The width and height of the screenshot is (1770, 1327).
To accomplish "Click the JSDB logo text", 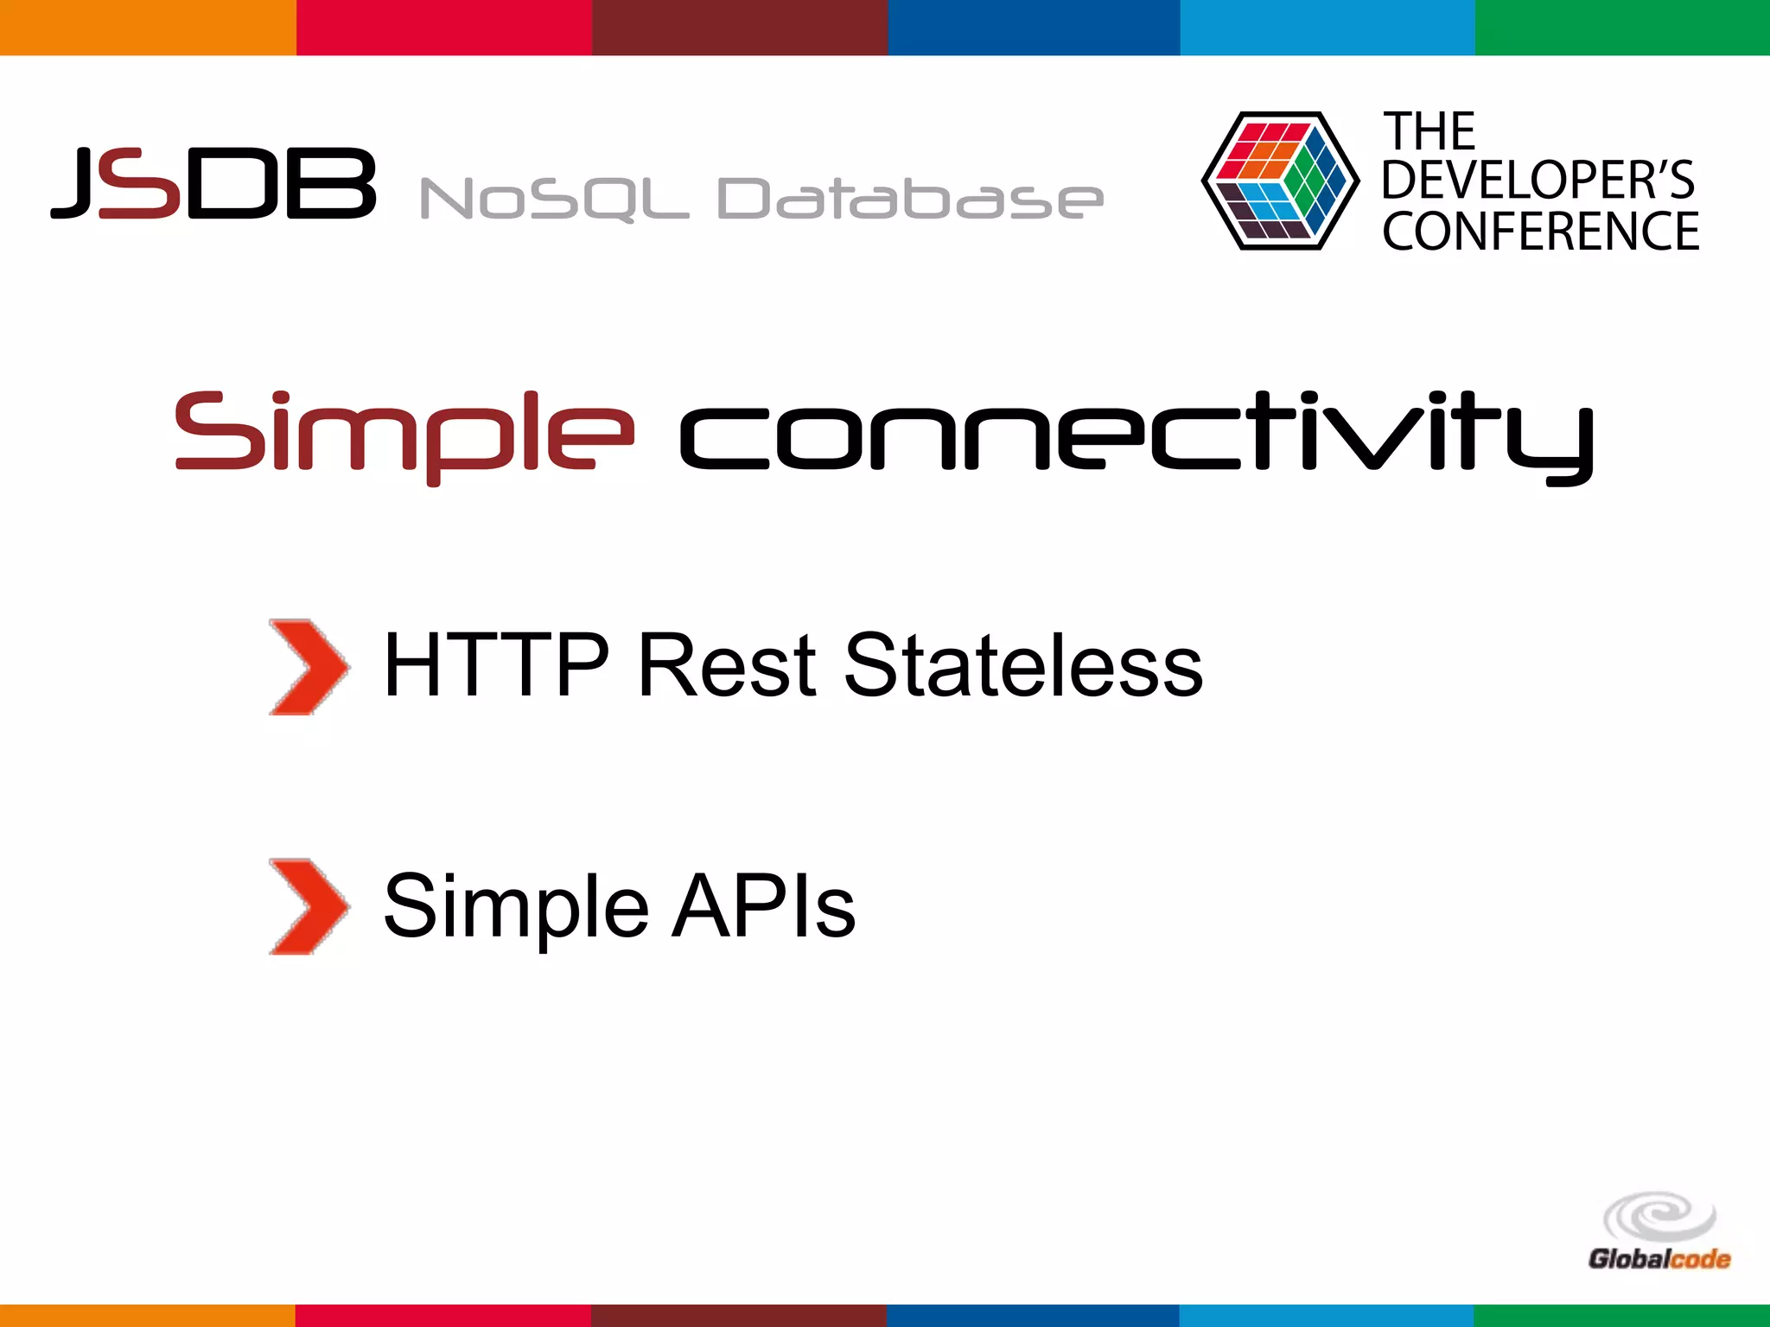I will tap(213, 183).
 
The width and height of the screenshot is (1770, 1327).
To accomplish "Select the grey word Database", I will tap(910, 199).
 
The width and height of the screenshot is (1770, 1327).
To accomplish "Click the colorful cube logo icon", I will tap(1279, 181).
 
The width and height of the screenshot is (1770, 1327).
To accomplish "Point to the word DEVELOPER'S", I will tap(1538, 180).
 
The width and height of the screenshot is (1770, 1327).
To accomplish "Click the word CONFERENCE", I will tap(1540, 232).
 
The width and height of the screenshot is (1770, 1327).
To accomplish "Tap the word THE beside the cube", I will tap(1429, 132).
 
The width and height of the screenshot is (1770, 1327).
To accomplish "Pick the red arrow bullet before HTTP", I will tap(308, 667).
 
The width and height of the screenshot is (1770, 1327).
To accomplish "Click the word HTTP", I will tap(496, 665).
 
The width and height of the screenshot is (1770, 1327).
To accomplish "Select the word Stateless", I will tap(1023, 665).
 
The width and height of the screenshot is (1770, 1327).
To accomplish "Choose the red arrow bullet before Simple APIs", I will tap(308, 906).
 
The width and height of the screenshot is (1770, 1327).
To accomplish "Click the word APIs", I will tap(764, 906).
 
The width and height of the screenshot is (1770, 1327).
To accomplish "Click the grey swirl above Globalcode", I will tap(1659, 1216).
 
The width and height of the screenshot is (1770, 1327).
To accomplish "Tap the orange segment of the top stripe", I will tap(147, 27).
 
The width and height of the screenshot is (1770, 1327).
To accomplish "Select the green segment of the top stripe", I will tap(1622, 27).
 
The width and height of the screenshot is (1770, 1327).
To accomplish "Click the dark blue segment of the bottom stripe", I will tap(1033, 1316).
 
